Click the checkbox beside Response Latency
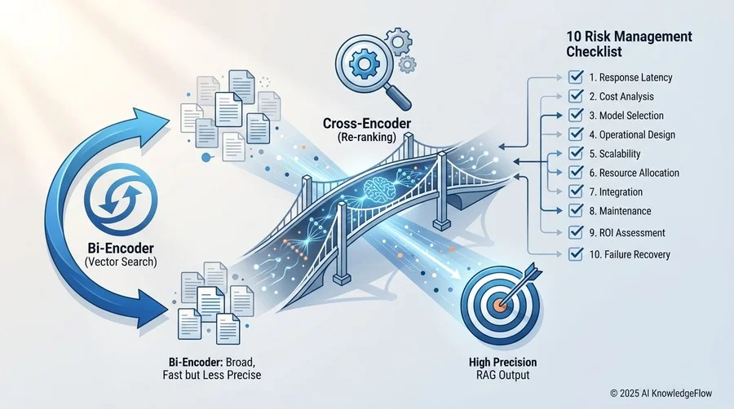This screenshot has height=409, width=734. click(x=575, y=77)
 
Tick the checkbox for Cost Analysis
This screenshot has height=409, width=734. click(x=575, y=96)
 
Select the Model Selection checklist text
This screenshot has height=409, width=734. click(x=626, y=116)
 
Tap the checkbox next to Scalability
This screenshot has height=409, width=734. click(x=575, y=153)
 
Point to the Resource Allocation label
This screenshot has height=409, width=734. click(x=635, y=173)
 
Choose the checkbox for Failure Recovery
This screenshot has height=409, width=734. click(x=575, y=254)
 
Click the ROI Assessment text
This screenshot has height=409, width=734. click(x=627, y=233)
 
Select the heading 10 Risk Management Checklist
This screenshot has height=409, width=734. click(x=629, y=44)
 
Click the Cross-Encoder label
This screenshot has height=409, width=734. click(x=367, y=123)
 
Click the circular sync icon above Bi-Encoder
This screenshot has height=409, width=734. click(x=121, y=201)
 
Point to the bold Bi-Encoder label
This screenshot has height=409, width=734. click(x=121, y=248)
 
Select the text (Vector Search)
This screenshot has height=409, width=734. click(x=121, y=262)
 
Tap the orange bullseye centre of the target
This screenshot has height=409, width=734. click(x=499, y=306)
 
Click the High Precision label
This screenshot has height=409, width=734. click(x=502, y=363)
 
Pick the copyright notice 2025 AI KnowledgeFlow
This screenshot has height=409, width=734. click(x=661, y=394)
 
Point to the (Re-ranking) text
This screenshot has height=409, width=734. click(x=366, y=138)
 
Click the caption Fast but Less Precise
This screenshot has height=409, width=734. click(x=212, y=375)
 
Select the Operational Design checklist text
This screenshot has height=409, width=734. click(x=632, y=135)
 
